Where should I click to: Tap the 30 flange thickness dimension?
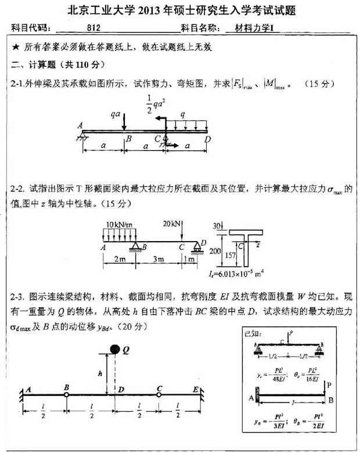(x=216, y=225)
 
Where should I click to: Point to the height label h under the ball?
(x=100, y=373)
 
